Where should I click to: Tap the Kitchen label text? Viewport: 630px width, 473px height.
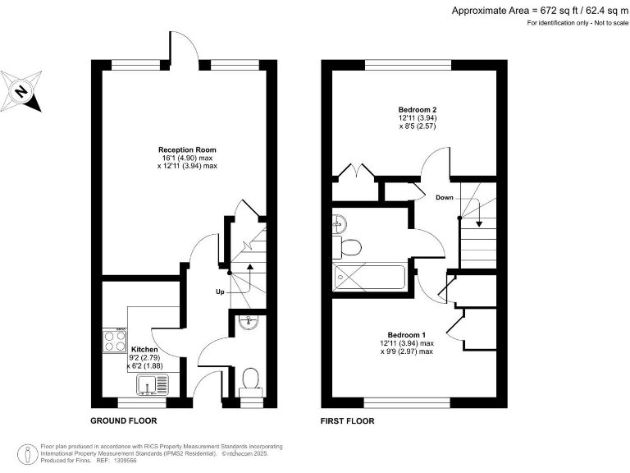pyautogui.click(x=144, y=349)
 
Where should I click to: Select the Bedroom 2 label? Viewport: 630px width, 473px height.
pyautogui.click(x=416, y=109)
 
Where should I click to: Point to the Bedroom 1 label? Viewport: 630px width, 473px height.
pyautogui.click(x=406, y=335)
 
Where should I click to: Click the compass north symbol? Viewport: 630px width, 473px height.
pyautogui.click(x=22, y=91)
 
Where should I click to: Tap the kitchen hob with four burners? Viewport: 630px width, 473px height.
pyautogui.click(x=114, y=341)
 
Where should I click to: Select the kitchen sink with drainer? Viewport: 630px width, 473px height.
pyautogui.click(x=151, y=383)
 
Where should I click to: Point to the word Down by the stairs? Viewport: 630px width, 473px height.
pyautogui.click(x=444, y=198)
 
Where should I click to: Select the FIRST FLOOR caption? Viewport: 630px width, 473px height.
pyautogui.click(x=347, y=420)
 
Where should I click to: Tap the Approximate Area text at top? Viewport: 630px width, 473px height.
pyautogui.click(x=538, y=10)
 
